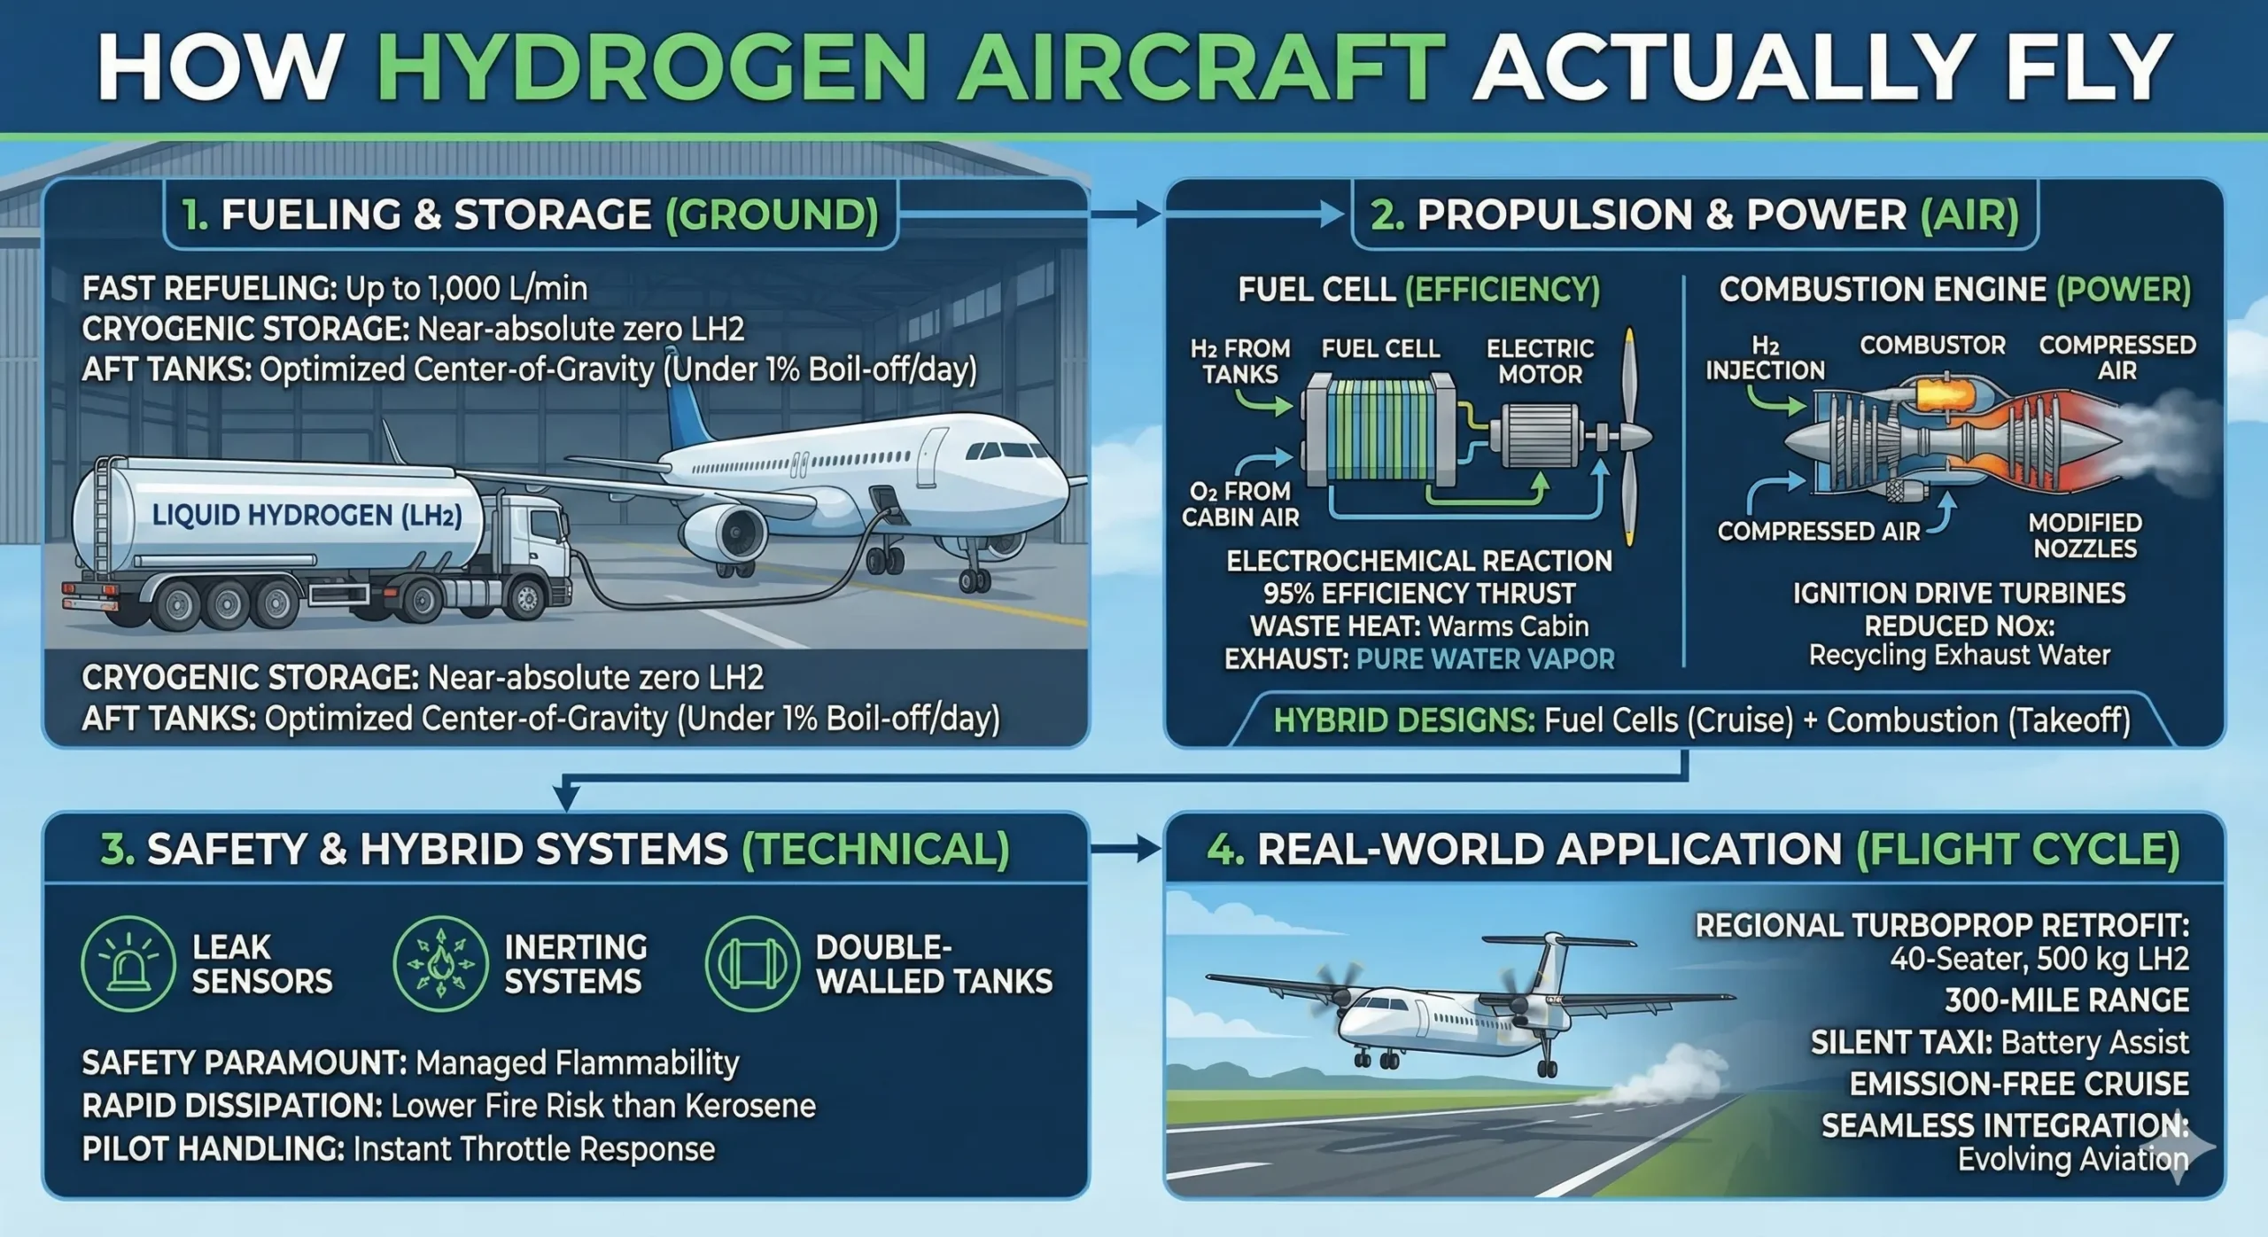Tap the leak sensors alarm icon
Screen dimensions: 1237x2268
click(128, 963)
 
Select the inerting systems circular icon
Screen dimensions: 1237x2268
click(440, 963)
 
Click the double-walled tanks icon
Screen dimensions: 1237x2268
click(752, 963)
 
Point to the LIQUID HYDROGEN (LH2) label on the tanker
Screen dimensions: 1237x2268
click(307, 515)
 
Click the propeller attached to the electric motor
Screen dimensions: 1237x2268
click(1628, 436)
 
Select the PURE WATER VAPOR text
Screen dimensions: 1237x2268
click(1485, 659)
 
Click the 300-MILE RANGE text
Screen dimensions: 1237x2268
click(2066, 1000)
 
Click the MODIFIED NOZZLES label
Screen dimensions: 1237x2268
click(2085, 535)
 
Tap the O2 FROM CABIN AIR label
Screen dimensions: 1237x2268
click(1240, 503)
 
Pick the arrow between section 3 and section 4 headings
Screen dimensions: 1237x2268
click(1125, 849)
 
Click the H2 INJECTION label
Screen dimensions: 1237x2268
click(1765, 358)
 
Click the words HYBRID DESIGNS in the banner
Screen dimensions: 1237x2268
click(1403, 720)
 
